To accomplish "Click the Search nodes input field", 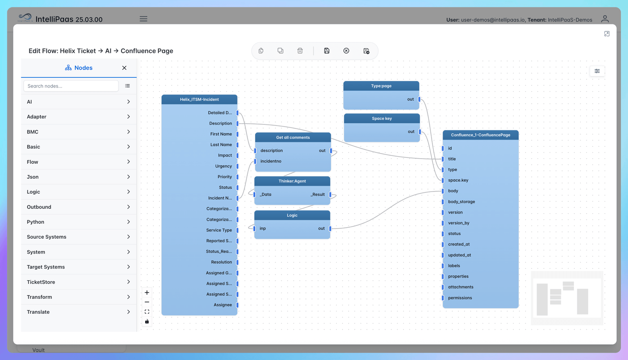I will tap(71, 86).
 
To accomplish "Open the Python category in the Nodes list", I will tap(78, 222).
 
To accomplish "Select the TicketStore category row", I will tap(78, 282).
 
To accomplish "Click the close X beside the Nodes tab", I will tap(124, 68).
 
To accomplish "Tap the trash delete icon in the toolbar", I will tap(300, 51).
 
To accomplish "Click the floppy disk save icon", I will tap(327, 51).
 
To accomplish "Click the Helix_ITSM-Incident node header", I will tap(199, 99).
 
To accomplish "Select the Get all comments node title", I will tap(293, 137).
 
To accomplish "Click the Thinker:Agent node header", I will tap(292, 181).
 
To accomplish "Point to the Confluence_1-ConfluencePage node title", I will tap(480, 135).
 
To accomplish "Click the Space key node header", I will tap(382, 119).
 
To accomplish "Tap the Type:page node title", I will tap(381, 86).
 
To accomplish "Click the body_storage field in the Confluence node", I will tap(462, 202).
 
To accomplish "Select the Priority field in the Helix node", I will tap(225, 177).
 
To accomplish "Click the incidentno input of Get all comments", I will tap(271, 161).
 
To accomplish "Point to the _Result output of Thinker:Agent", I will tap(318, 194).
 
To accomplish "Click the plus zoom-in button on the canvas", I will tap(147, 292).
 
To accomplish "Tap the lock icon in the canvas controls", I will tap(147, 322).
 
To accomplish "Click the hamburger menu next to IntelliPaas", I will tap(144, 19).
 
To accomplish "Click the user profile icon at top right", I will tap(605, 19).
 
